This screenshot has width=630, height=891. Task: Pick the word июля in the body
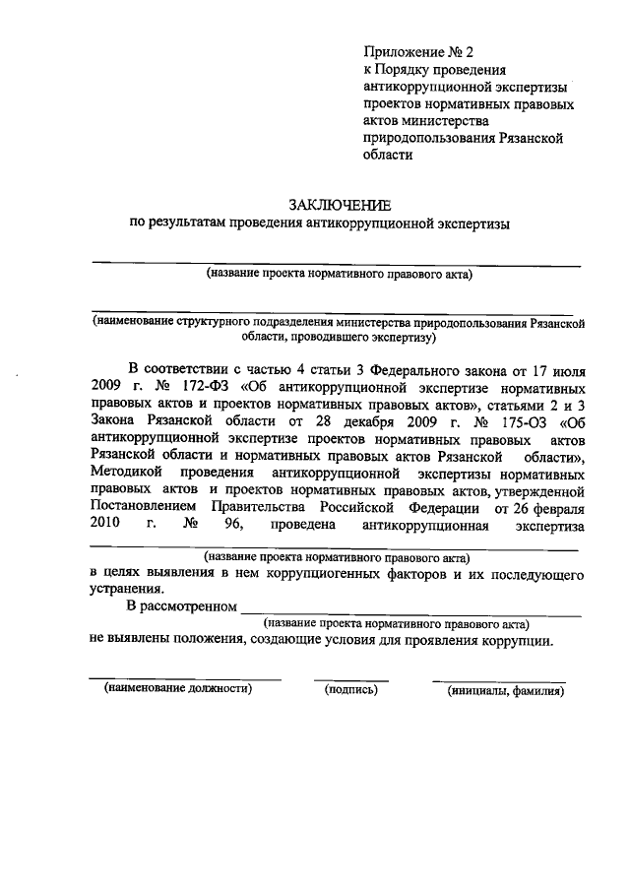[x=568, y=367]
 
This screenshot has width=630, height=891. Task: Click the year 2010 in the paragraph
[x=106, y=528]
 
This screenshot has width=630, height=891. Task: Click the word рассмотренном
[x=187, y=607]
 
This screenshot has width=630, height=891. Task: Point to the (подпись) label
[x=351, y=689]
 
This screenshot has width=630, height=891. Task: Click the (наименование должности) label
[x=179, y=689]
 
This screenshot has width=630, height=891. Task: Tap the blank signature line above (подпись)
[x=351, y=679]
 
